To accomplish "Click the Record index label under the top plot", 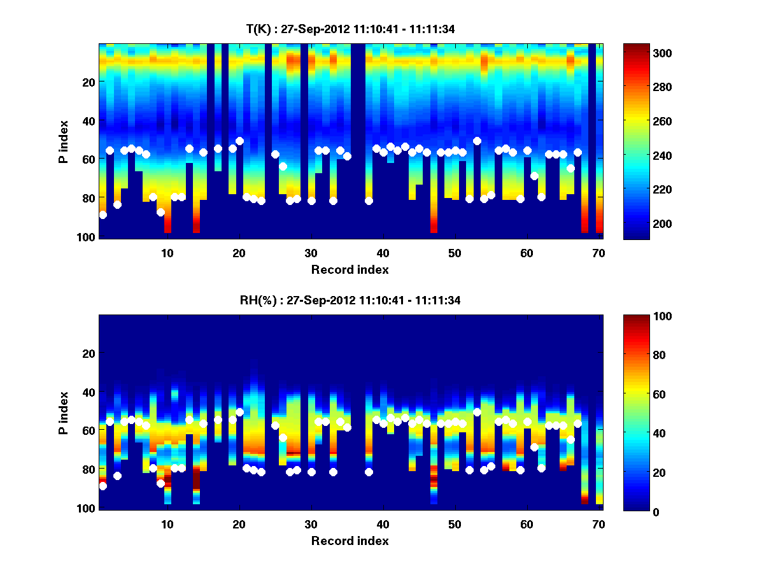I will coord(350,269).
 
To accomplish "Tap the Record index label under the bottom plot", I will coord(350,541).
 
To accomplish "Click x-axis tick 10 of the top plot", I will coord(167,253).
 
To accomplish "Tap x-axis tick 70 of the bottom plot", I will coord(598,524).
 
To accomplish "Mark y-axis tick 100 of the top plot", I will coord(87,237).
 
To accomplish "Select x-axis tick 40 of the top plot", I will coord(383,253).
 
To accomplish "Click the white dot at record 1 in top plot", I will coord(103,215).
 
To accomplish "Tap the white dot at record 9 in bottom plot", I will coord(160,483).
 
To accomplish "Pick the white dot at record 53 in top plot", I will coord(477,141).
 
